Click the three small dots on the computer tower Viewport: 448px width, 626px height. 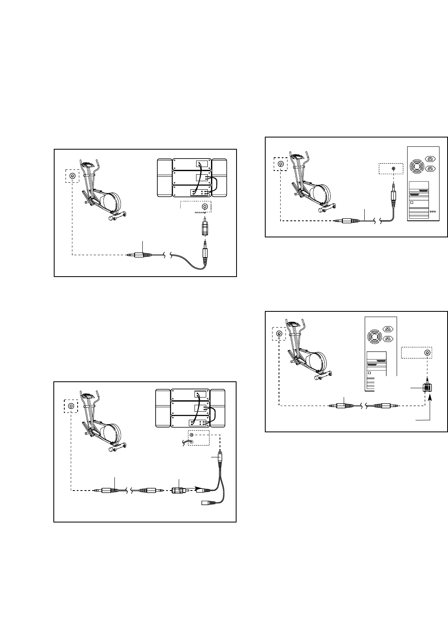coord(433,211)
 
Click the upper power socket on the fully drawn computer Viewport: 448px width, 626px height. coord(431,159)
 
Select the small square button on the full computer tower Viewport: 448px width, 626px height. coord(412,203)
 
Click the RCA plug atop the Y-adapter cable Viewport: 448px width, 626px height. coord(219,458)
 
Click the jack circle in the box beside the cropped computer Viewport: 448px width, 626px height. coord(427,353)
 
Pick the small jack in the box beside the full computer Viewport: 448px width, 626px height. coord(393,168)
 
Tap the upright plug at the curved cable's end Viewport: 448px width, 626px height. coord(205,253)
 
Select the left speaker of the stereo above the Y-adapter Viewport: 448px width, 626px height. coord(163,408)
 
